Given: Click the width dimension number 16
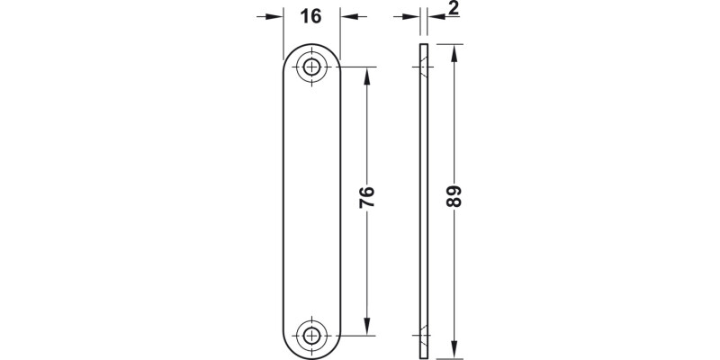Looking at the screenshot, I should pyautogui.click(x=311, y=17).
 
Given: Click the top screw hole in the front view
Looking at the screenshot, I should pyautogui.click(x=312, y=66).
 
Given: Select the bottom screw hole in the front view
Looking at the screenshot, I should pyautogui.click(x=312, y=335).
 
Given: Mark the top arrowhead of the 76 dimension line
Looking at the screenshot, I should pyautogui.click(x=367, y=74).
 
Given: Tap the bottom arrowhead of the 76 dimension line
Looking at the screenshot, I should pyautogui.click(x=367, y=327).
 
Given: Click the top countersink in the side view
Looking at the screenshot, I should pyautogui.click(x=421, y=66).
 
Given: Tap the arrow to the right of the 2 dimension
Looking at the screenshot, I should pyautogui.click(x=436, y=17).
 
